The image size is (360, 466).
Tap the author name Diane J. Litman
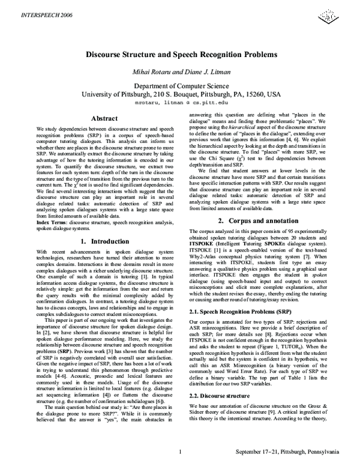tap(206, 73)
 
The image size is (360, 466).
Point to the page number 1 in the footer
tap(181, 452)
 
